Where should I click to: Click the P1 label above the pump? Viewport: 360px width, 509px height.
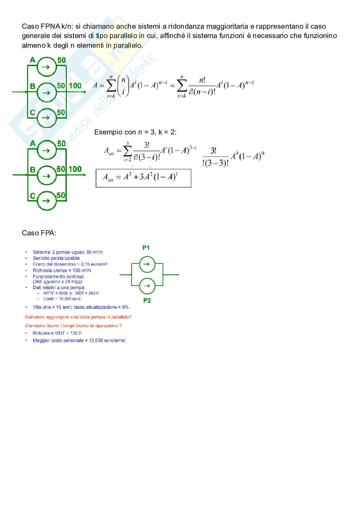point(146,248)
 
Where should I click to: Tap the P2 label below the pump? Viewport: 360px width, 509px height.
point(147,300)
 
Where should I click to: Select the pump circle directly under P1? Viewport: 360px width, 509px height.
point(147,264)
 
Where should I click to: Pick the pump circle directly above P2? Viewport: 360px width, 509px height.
point(147,286)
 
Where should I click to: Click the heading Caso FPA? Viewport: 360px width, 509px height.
point(39,233)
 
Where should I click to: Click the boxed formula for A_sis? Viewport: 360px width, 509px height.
point(143,178)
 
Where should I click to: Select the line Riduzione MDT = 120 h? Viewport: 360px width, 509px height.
point(57,333)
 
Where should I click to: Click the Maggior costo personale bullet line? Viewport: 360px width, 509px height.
point(79,340)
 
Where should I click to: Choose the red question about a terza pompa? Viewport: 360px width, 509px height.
point(78,317)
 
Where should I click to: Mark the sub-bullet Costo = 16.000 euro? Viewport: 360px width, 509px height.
point(62,299)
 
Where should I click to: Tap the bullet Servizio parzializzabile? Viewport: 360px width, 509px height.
point(56,258)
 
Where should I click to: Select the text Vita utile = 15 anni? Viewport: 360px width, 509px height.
point(52,307)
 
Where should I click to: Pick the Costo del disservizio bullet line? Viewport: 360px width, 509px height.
point(70,264)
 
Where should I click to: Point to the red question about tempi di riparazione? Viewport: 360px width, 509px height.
point(73,326)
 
